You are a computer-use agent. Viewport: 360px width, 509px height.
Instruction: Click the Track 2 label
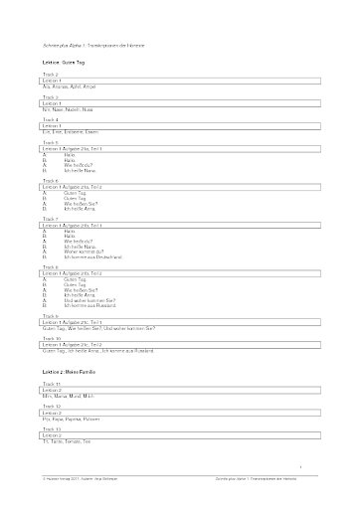point(52,75)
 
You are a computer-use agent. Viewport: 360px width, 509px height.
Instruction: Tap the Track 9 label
point(52,316)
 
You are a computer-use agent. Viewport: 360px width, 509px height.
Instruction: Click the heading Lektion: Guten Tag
point(67,62)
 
